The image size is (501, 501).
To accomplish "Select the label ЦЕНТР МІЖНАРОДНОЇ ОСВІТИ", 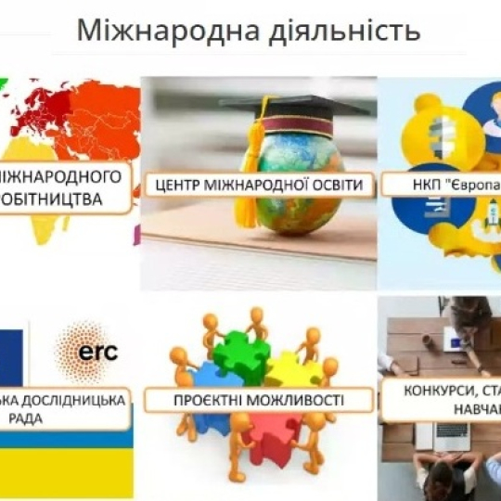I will (259, 184).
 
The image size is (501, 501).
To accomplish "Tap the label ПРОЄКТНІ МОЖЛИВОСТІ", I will (259, 400).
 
